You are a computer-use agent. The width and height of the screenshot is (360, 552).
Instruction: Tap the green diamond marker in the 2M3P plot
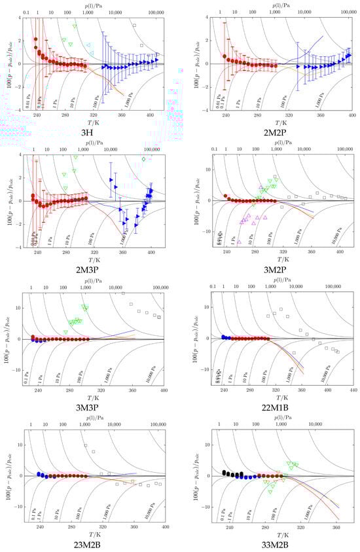pos(144,159)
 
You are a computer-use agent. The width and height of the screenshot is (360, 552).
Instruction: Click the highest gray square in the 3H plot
pos(134,26)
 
